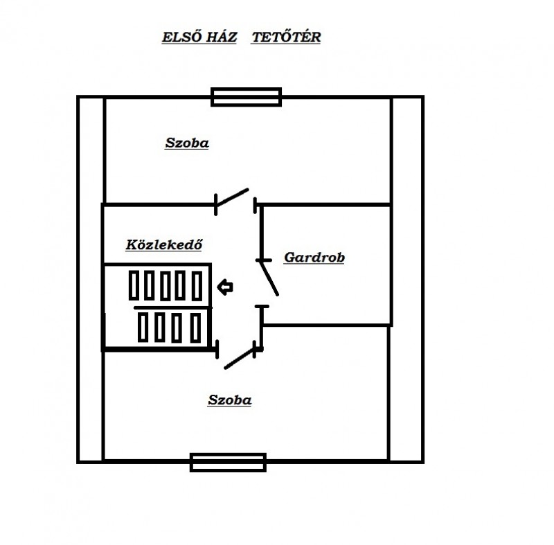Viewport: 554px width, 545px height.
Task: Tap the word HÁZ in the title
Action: (222, 37)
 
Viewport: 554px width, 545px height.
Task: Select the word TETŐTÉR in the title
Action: (286, 37)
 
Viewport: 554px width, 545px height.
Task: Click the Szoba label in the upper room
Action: (187, 143)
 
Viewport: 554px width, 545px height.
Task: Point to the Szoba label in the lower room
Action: (230, 400)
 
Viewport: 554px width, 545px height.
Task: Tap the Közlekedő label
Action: (164, 244)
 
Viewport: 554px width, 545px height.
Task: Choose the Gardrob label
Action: (314, 258)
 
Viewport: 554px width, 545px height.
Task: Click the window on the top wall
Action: (247, 97)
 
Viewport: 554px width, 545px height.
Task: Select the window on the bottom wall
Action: (228, 462)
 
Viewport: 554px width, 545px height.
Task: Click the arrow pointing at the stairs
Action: (225, 287)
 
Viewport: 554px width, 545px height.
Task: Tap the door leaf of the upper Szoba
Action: (232, 197)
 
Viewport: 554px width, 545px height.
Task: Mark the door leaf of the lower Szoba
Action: (240, 359)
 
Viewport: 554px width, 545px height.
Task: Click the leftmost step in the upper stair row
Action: (134, 285)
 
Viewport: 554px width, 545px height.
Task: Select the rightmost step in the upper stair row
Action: (197, 286)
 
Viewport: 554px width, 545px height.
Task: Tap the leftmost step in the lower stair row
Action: (143, 327)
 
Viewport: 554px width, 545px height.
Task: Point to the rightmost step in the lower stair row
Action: (196, 328)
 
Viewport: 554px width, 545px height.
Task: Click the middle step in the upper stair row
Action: (166, 286)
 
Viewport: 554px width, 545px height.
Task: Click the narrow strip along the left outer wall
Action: (91, 279)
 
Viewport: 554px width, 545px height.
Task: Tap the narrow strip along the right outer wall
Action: (407, 279)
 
